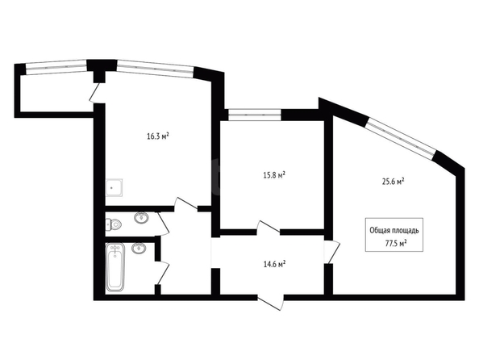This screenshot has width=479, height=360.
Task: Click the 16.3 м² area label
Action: click(158, 136)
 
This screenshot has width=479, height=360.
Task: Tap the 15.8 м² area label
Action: click(274, 175)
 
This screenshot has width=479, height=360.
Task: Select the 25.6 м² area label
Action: click(394, 182)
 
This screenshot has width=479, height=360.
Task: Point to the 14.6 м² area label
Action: click(274, 264)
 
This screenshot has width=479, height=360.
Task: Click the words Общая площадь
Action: click(394, 230)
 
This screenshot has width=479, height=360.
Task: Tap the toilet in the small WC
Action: click(114, 225)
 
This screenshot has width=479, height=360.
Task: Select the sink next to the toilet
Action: click(141, 218)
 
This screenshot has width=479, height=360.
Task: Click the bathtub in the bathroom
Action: click(115, 267)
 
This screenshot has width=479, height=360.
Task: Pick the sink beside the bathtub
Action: click(139, 248)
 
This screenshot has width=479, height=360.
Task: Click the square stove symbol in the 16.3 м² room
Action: click(114, 187)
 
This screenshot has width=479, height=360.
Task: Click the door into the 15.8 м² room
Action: click(269, 228)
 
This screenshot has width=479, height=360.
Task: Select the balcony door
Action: click(95, 93)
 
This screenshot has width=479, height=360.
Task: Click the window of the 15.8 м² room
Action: click(255, 115)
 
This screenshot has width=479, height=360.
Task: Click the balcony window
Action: click(56, 67)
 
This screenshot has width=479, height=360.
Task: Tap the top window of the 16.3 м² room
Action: click(155, 69)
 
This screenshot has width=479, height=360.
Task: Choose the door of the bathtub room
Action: click(162, 273)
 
